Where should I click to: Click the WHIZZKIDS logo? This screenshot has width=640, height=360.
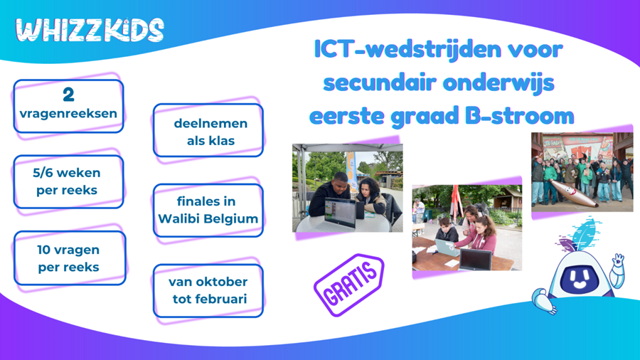click(x=90, y=31)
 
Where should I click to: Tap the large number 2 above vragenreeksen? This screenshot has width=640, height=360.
click(x=68, y=95)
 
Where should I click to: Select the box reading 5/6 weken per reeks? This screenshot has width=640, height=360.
click(x=68, y=181)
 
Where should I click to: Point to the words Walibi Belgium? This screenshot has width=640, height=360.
click(x=208, y=218)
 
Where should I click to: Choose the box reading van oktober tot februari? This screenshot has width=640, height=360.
click(x=208, y=290)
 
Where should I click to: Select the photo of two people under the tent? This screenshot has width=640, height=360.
click(x=347, y=188)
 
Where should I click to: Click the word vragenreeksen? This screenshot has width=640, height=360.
click(x=68, y=113)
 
